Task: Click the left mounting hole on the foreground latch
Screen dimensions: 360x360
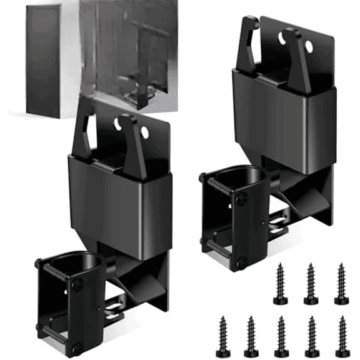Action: (117, 124)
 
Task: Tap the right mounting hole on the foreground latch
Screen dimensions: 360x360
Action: (145, 133)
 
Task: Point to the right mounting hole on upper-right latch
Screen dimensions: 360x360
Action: (309, 49)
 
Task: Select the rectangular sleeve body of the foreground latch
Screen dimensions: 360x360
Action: (119, 200)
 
